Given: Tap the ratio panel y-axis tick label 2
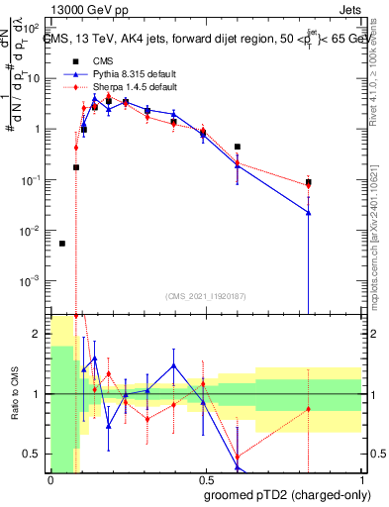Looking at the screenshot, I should click(x=37, y=334).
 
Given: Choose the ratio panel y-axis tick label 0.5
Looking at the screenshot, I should click(x=33, y=455).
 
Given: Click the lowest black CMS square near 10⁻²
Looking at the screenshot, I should click(x=62, y=244).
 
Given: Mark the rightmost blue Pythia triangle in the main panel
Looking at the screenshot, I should click(x=309, y=212).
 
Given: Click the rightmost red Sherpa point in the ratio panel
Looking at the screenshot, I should click(x=309, y=409).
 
